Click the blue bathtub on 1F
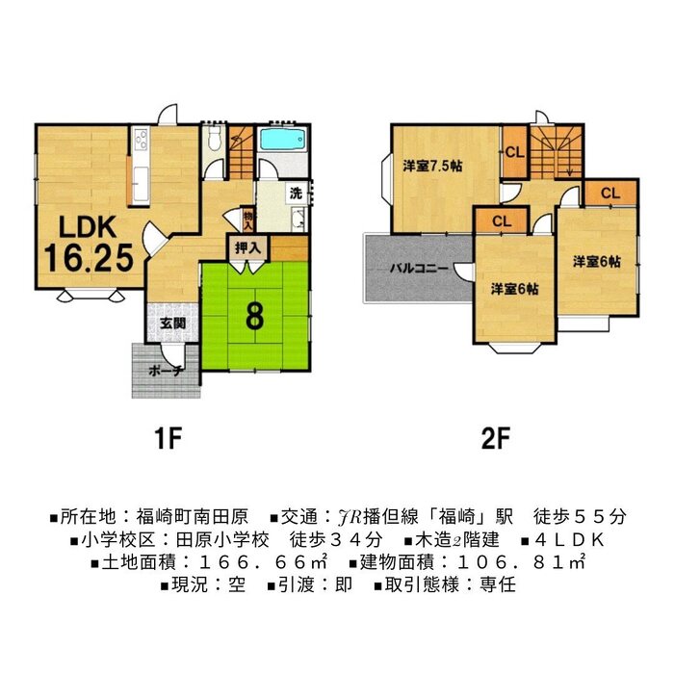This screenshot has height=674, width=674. [x=282, y=140]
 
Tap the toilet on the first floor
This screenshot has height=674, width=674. [x=213, y=137]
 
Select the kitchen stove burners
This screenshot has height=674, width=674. [x=141, y=139]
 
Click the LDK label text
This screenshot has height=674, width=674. [x=88, y=227]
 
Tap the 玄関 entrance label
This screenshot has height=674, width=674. [x=172, y=324]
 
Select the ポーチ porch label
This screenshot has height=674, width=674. [x=167, y=371]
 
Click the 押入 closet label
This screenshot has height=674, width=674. [x=247, y=247]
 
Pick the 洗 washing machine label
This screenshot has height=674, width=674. [x=296, y=194]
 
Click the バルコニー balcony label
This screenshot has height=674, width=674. [x=419, y=269]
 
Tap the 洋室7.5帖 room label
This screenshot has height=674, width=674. [x=432, y=166]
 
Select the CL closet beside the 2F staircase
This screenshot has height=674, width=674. [x=514, y=152]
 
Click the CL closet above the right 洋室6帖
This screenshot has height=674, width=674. [x=610, y=193]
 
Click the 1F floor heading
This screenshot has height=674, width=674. [x=168, y=438]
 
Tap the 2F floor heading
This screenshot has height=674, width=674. [x=495, y=438]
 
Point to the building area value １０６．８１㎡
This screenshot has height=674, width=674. [x=521, y=561]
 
